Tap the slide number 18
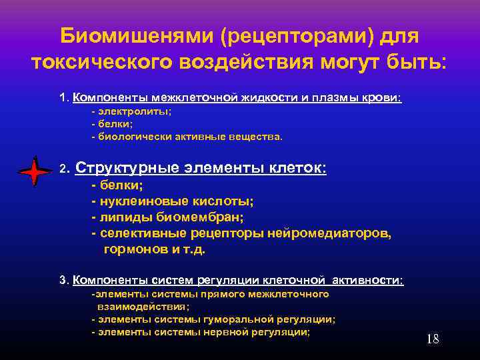433,339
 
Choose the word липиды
125,217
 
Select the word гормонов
135,250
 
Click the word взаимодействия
142,307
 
